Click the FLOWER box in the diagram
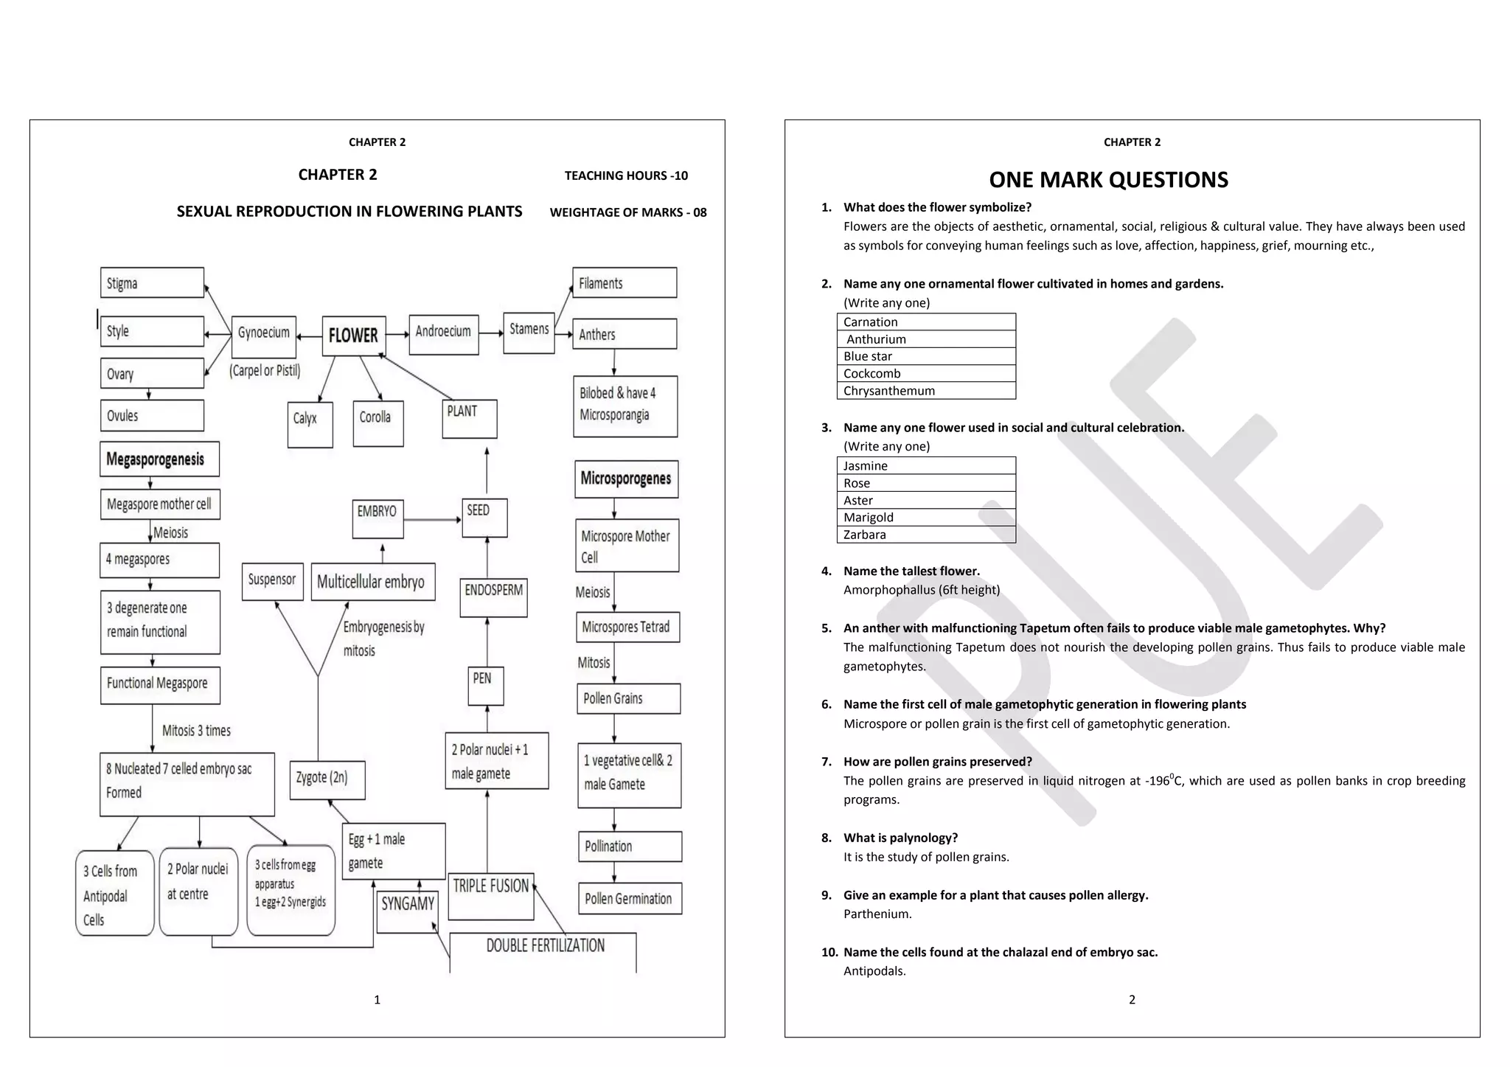tap(354, 336)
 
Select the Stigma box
tap(152, 283)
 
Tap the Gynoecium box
tap(264, 336)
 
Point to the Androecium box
tap(443, 334)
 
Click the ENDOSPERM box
tap(493, 597)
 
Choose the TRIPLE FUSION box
tap(491, 895)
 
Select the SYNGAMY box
tap(408, 911)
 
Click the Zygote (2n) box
tap(326, 779)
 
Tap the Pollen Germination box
tap(630, 898)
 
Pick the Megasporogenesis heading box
tap(159, 459)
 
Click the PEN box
tap(486, 685)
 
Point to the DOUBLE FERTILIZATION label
tap(545, 946)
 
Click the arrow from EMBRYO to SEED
tap(433, 520)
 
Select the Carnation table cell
tap(926, 322)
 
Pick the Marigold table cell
tap(926, 518)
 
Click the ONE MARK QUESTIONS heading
tap(1108, 180)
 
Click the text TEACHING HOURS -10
tap(626, 175)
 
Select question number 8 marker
tap(827, 838)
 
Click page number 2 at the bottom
tap(1132, 1000)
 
